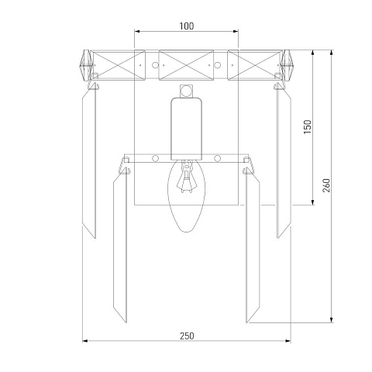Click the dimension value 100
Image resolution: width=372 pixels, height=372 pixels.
186,26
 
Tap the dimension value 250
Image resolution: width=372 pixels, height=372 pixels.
187,336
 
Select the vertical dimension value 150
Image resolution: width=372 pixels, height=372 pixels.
308,126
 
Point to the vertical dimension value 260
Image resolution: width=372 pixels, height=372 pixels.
326,185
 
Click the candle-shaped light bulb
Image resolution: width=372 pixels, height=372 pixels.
186,196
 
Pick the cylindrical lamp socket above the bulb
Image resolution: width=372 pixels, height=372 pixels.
186,129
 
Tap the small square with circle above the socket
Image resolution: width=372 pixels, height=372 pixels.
186,91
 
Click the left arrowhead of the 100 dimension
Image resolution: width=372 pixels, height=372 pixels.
137,31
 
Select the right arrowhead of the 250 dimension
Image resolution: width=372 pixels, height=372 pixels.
288,341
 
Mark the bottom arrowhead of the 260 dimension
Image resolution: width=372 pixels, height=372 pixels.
332,320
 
